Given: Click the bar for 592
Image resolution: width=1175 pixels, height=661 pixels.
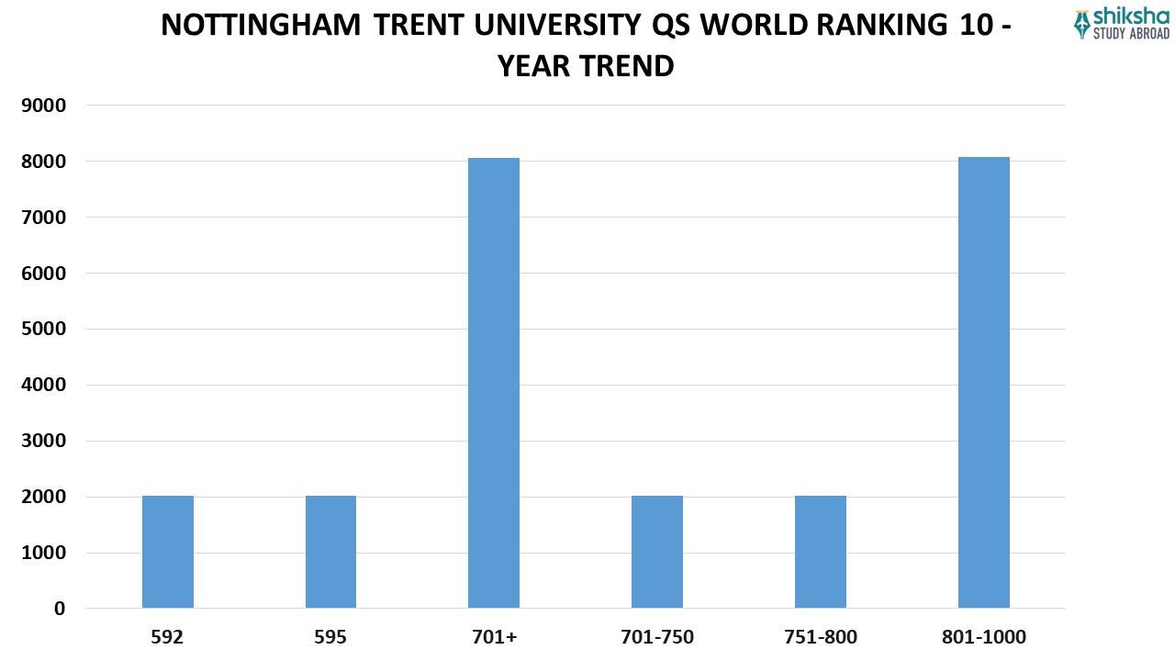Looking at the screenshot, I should pyautogui.click(x=168, y=552).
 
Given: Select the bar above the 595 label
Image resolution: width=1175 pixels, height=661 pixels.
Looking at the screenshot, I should pyautogui.click(x=330, y=552).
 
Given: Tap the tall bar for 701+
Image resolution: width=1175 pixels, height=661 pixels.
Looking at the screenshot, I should pyautogui.click(x=494, y=383).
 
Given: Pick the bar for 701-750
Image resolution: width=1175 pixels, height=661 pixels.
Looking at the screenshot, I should pyautogui.click(x=657, y=552).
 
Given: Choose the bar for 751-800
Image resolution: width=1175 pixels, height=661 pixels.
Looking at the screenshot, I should pyautogui.click(x=821, y=552).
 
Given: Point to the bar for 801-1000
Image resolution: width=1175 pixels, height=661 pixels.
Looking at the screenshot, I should pyautogui.click(x=984, y=383).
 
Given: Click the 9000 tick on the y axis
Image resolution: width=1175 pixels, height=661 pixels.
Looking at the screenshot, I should pyautogui.click(x=44, y=106).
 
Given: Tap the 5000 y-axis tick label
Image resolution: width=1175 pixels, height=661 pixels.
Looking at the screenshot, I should pyautogui.click(x=44, y=329).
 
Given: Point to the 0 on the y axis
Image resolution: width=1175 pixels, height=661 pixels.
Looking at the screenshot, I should pyautogui.click(x=60, y=609).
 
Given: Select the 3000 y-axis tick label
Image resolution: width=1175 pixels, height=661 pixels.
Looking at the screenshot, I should pyautogui.click(x=44, y=441).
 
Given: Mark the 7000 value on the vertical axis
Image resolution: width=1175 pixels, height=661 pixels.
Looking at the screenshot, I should pyautogui.click(x=44, y=218).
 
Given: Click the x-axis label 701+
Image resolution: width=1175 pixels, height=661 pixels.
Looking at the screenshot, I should pyautogui.click(x=494, y=637).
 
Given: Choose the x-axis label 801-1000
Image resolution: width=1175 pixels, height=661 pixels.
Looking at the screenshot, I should pyautogui.click(x=984, y=637).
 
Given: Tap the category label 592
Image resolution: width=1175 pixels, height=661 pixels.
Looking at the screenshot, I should pyautogui.click(x=168, y=637).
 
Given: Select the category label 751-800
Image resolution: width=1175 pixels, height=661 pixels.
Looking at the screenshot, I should pyautogui.click(x=821, y=637).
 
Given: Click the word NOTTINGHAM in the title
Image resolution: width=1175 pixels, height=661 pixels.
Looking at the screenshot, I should pyautogui.click(x=261, y=25).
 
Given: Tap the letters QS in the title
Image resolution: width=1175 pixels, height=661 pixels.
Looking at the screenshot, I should pyautogui.click(x=673, y=25).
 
